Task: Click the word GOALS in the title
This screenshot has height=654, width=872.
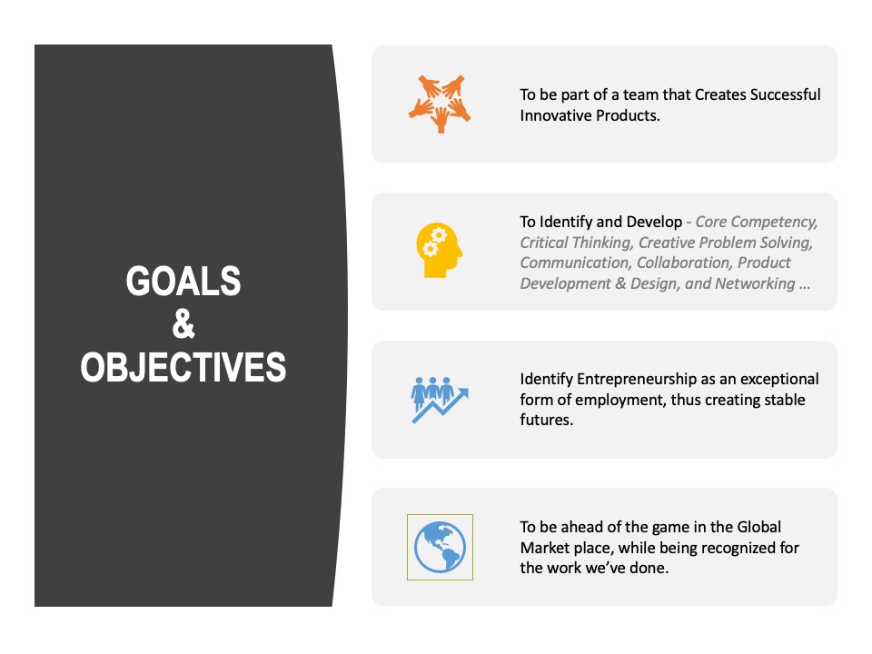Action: [x=183, y=281]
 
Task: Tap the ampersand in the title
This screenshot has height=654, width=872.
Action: [x=183, y=323]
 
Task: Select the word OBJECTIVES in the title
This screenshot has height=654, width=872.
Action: [x=183, y=367]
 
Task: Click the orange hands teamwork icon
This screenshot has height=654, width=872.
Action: [x=440, y=104]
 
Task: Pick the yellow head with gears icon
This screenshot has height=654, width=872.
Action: [x=440, y=251]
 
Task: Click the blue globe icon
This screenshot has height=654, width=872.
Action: [x=440, y=547]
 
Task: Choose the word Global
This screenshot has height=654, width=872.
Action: [x=758, y=527]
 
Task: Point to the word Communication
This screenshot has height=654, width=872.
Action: [x=576, y=263]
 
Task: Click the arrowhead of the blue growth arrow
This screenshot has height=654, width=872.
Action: [x=462, y=393]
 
